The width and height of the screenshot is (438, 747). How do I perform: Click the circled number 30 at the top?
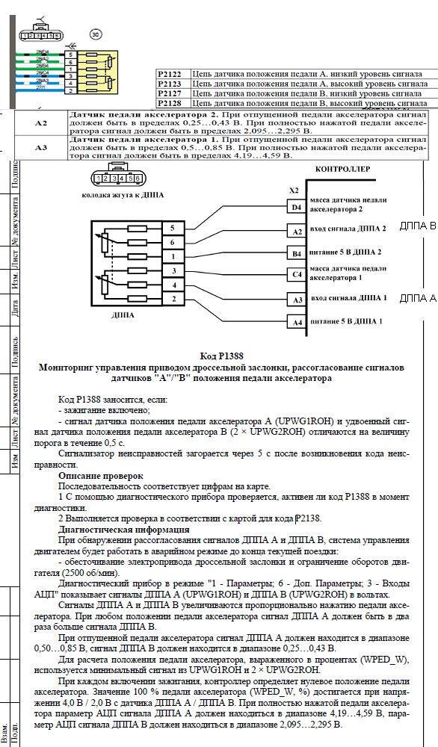[95, 34]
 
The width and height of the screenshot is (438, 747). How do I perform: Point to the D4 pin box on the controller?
[297, 207]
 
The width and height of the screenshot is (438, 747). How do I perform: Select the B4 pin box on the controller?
[297, 253]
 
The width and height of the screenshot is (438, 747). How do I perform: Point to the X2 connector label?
[294, 191]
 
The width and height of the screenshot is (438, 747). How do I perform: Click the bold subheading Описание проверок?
[100, 475]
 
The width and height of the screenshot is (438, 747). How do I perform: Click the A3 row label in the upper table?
[41, 147]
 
